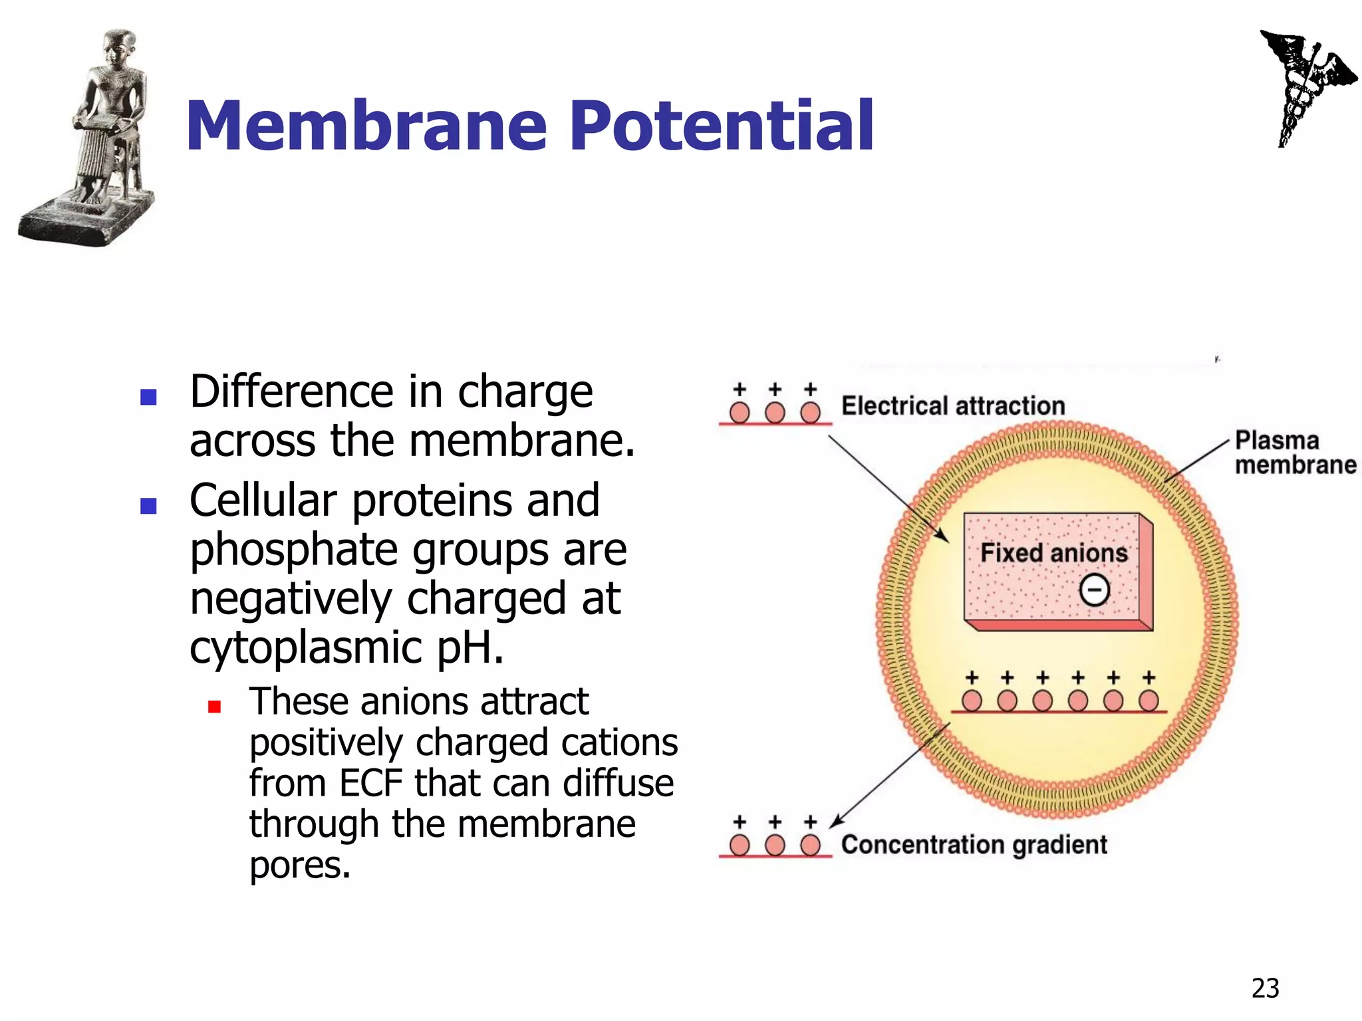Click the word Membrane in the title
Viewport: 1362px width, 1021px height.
point(366,126)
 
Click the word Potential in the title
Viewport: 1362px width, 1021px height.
point(722,126)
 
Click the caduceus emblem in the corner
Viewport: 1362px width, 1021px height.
point(1303,86)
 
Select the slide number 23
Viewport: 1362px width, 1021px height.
point(1265,988)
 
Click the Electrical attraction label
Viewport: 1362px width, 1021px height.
point(952,405)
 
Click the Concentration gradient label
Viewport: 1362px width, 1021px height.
point(974,845)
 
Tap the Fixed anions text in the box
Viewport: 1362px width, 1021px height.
point(1053,553)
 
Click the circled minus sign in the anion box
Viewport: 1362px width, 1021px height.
point(1094,590)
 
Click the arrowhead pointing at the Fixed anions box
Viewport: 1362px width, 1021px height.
point(944,536)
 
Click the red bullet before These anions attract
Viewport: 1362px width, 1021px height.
point(214,706)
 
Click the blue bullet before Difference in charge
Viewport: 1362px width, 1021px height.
point(148,397)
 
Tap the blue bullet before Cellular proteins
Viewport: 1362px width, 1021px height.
point(148,507)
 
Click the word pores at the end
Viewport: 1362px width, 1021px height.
point(299,865)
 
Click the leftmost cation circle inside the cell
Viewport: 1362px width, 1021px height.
point(972,701)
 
